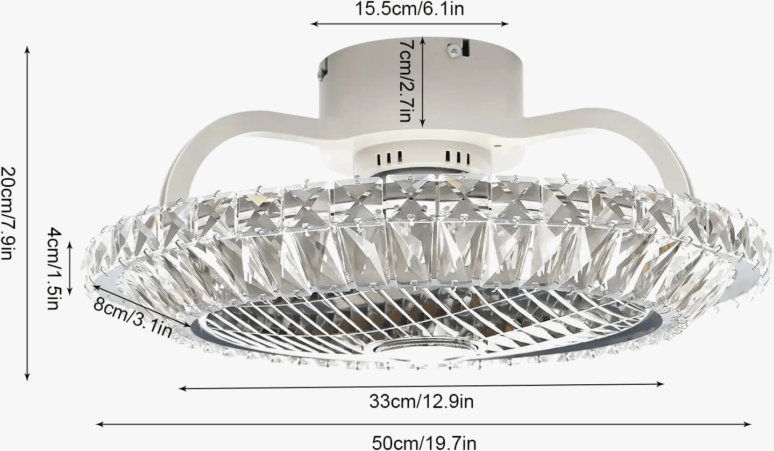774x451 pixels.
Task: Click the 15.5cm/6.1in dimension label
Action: click(409, 9)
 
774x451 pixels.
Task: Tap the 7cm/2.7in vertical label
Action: click(406, 80)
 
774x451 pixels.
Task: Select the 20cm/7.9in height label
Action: click(9, 213)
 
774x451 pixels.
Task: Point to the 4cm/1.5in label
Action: click(54, 268)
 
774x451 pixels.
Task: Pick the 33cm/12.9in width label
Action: click(421, 401)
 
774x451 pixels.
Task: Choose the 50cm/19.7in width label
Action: click(424, 442)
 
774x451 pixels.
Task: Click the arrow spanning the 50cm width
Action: click(424, 424)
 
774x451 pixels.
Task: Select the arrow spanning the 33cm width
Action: click(421, 386)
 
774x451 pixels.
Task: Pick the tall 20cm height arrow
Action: click(27, 213)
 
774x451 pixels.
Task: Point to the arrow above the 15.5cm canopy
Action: click(409, 24)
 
